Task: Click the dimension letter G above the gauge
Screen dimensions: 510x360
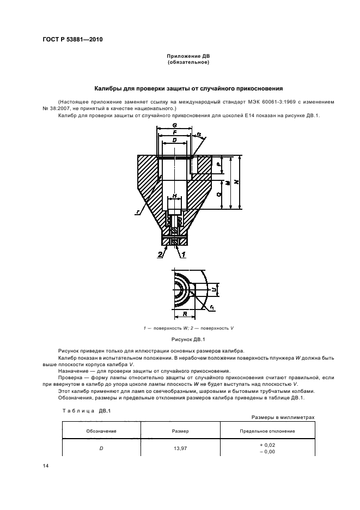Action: [174, 125]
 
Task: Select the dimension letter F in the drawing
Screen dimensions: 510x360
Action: [174, 132]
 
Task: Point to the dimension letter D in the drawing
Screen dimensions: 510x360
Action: [174, 140]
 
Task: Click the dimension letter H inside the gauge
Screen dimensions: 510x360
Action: [174, 196]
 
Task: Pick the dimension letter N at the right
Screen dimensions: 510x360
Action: [235, 182]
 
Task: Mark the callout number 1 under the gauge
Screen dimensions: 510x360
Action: [184, 254]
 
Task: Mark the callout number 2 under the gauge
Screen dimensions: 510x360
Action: [160, 254]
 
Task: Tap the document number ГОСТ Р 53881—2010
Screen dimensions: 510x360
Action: [72, 40]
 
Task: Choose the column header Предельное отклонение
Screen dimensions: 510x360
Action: [267, 431]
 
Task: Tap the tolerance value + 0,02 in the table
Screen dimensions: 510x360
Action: [267, 445]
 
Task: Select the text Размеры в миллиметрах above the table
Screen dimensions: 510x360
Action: [283, 417]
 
